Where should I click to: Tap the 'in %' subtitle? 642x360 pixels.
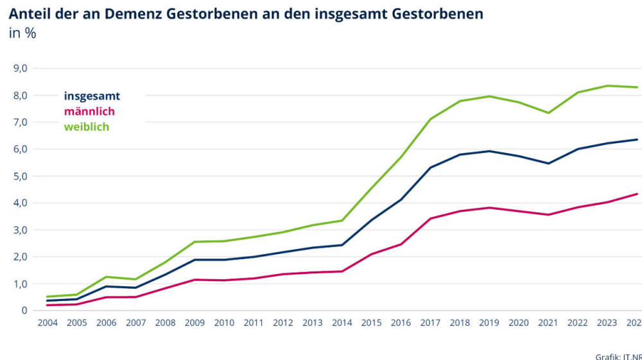tap(22, 33)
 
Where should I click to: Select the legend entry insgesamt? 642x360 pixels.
tap(92, 96)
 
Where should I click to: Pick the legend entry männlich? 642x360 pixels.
tap(89, 112)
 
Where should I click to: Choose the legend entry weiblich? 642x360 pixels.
tap(86, 127)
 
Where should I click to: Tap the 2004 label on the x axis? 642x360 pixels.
tap(47, 323)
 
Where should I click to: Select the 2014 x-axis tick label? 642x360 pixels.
tap(342, 323)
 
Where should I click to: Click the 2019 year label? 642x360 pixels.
tap(489, 323)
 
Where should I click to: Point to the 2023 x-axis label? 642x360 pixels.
tap(607, 323)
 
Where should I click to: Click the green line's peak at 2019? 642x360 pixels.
tap(490, 96)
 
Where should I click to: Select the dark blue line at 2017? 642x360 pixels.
tap(430, 167)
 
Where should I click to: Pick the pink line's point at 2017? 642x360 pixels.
tap(430, 218)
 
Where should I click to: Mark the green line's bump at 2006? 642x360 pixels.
tap(106, 277)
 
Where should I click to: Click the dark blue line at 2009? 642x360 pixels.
tap(195, 260)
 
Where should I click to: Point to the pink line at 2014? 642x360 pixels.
tap(342, 271)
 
